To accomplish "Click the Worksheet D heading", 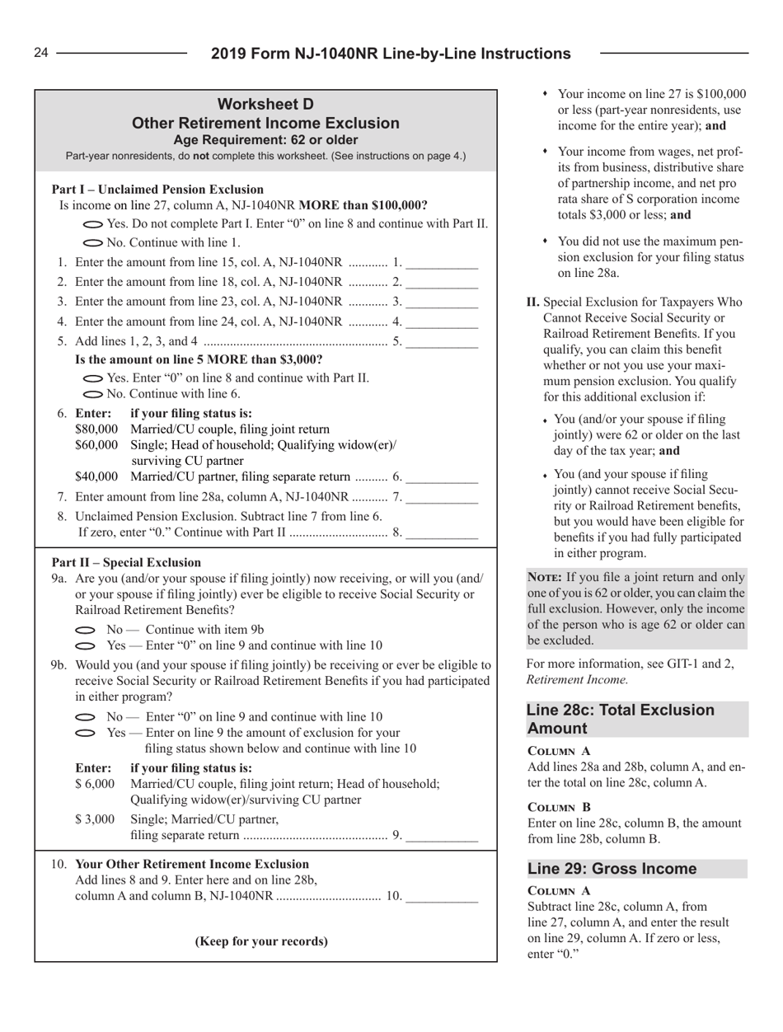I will pos(266,105).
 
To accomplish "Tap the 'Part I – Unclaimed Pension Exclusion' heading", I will pos(157,189).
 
